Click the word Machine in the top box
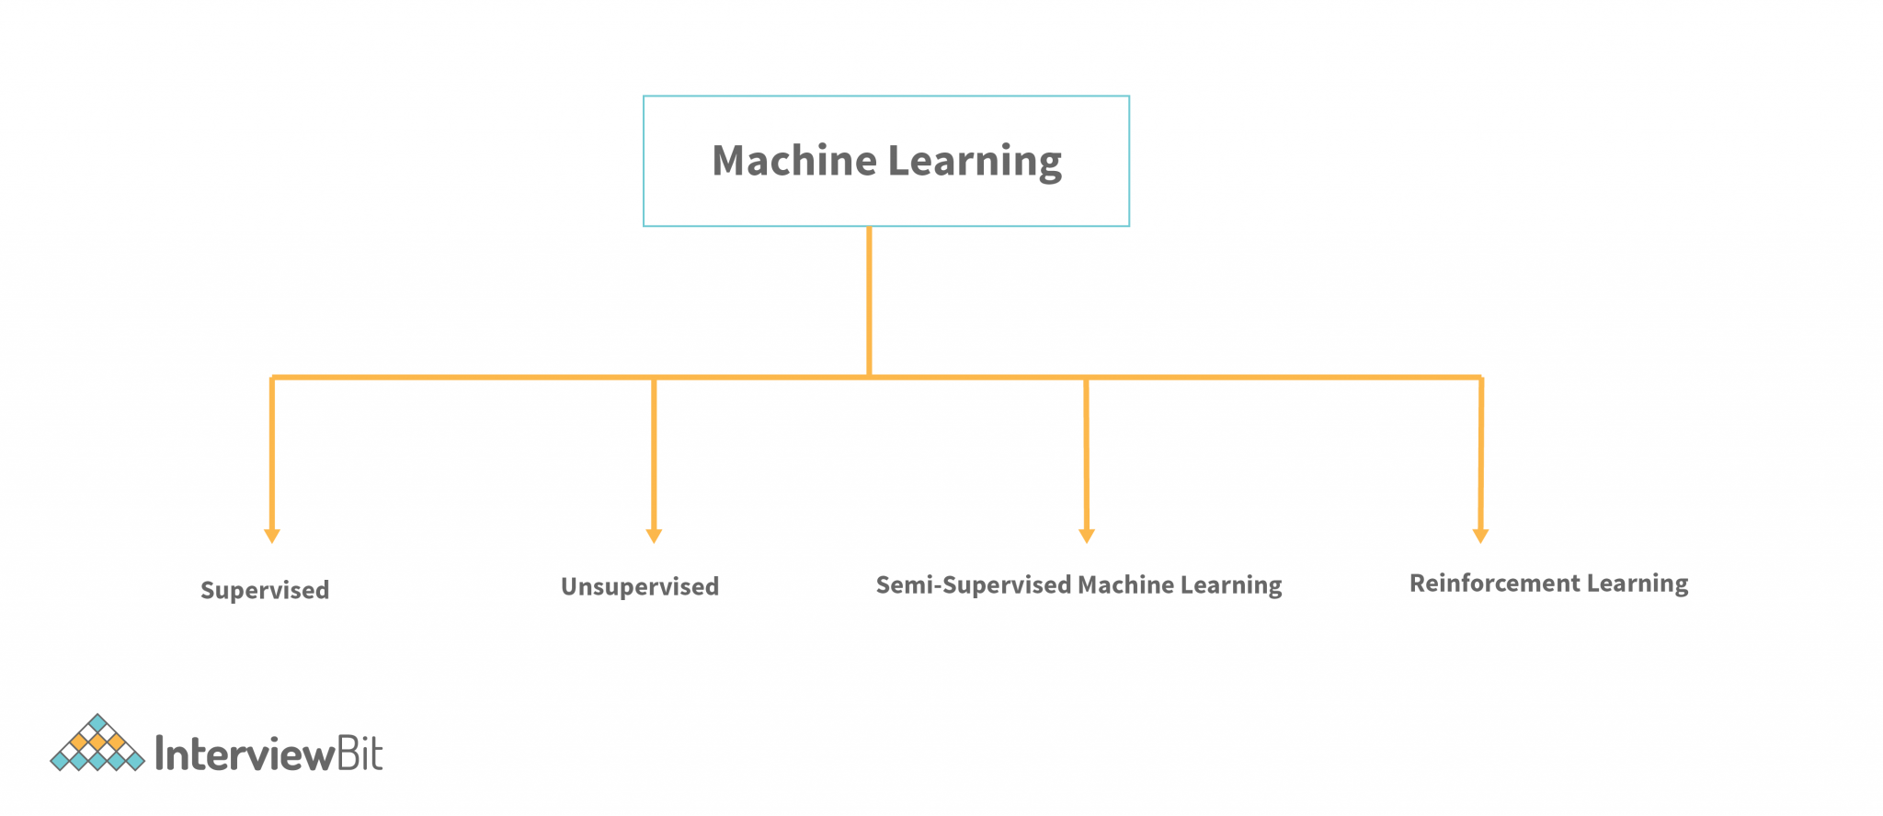point(794,161)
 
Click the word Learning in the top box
point(975,161)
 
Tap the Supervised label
point(265,590)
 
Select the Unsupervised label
point(640,586)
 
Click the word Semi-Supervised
point(974,584)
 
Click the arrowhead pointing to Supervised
point(272,536)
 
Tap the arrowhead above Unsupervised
point(654,536)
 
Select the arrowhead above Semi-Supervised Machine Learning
point(1086,536)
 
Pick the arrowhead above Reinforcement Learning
point(1480,536)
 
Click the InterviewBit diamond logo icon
point(97,743)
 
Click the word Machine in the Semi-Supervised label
point(1125,584)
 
